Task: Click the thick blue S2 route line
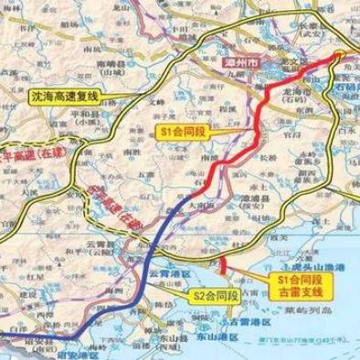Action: click(x=146, y=274)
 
